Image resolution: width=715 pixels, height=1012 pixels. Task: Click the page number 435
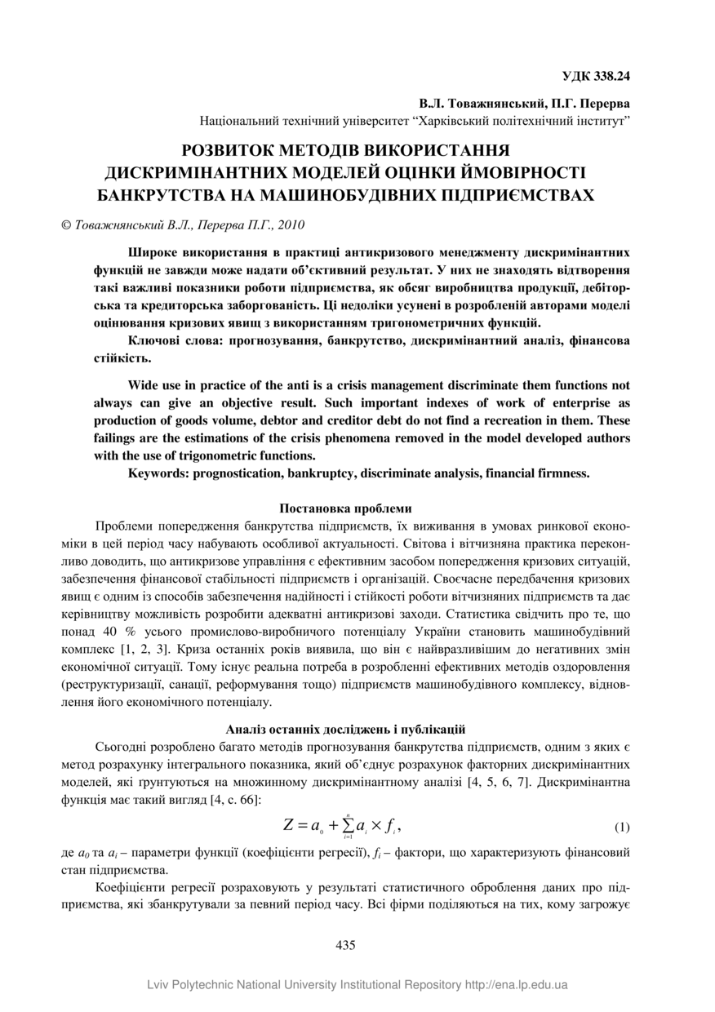(x=345, y=945)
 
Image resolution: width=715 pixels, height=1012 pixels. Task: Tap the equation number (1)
(x=622, y=827)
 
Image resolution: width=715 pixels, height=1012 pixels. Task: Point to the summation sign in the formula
(x=349, y=825)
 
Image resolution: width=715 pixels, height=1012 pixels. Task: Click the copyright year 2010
(x=291, y=224)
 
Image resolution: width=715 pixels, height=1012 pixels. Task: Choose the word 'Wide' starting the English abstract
(x=145, y=384)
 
